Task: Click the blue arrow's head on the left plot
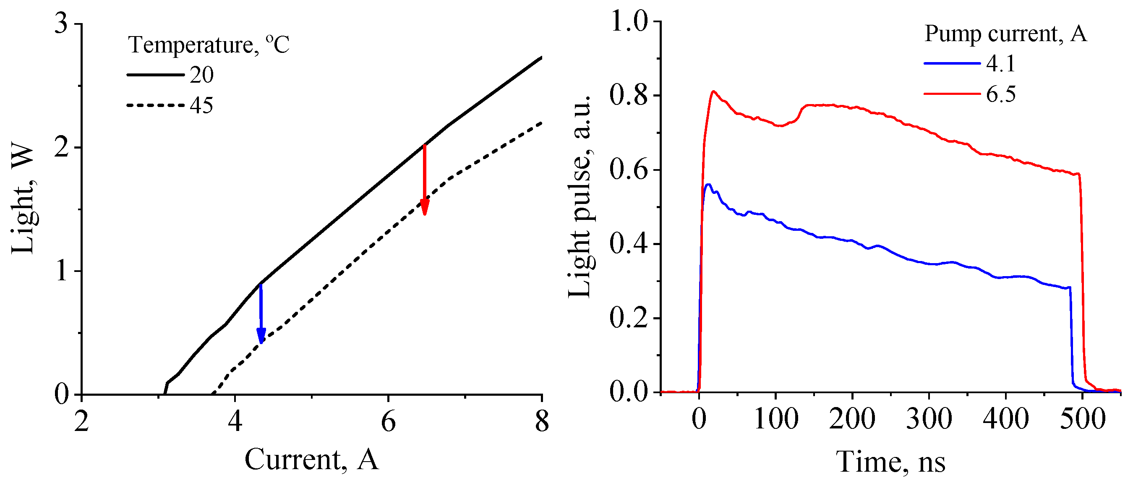pyautogui.click(x=261, y=336)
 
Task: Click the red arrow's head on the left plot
pyautogui.click(x=424, y=207)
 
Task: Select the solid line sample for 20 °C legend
pyautogui.click(x=155, y=75)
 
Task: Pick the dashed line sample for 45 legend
pyautogui.click(x=155, y=105)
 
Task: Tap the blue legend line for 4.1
pyautogui.click(x=952, y=63)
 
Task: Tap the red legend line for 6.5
pyautogui.click(x=952, y=94)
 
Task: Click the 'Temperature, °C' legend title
pyautogui.click(x=209, y=44)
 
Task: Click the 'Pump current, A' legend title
pyautogui.click(x=1005, y=34)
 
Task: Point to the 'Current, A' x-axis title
pyautogui.click(x=311, y=460)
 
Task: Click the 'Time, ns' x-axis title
pyautogui.click(x=890, y=462)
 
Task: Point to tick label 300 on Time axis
pyautogui.click(x=929, y=419)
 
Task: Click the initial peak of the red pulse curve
pyautogui.click(x=713, y=91)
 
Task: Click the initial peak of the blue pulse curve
pyautogui.click(x=707, y=185)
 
